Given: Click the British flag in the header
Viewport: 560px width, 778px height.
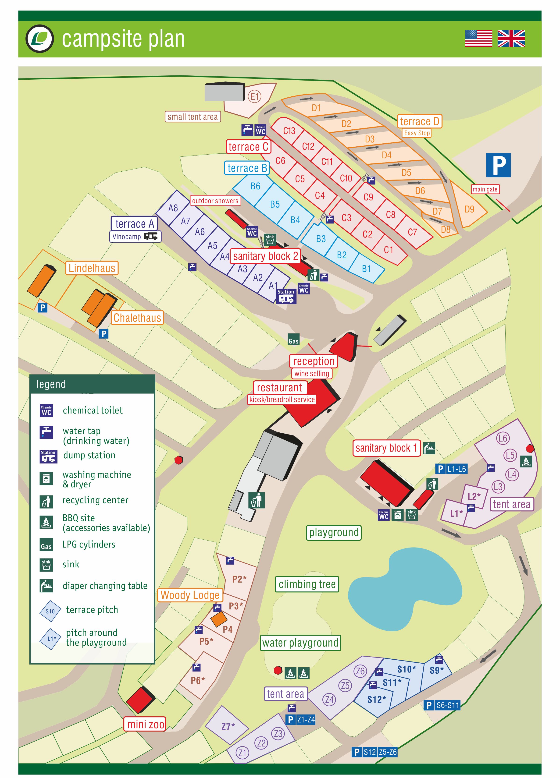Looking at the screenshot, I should tap(511, 38).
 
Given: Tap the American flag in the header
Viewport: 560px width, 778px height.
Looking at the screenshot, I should tap(478, 38).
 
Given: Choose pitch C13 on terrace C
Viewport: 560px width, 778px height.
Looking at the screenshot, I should tap(289, 131).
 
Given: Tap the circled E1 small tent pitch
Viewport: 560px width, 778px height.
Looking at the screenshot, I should tap(254, 96).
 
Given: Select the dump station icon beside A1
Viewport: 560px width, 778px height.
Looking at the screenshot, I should tap(286, 296).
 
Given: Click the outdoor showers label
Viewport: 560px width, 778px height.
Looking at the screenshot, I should tap(215, 201).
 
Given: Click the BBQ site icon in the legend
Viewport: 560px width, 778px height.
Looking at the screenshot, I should tap(46, 522).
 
